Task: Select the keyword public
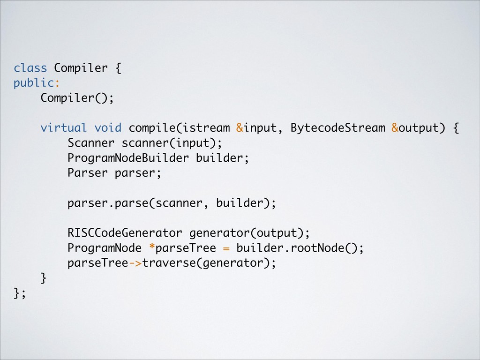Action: [34, 83]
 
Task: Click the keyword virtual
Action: [64, 128]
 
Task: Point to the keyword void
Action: [108, 128]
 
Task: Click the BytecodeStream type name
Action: [337, 128]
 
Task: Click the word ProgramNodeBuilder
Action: [128, 158]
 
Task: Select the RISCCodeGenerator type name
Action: [125, 233]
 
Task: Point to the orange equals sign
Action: [226, 248]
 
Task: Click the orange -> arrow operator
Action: [135, 263]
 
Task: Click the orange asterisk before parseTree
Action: [151, 247]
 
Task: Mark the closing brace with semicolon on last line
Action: [20, 293]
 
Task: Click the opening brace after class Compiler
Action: [118, 68]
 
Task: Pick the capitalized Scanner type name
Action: [91, 143]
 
